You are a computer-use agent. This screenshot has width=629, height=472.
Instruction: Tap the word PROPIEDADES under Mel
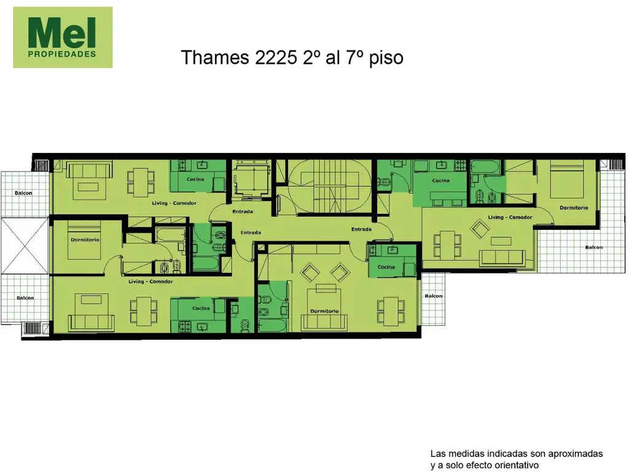pos(63,54)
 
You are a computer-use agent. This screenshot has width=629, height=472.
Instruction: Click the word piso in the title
pos(386,58)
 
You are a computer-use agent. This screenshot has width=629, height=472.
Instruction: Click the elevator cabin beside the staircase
pos(251,179)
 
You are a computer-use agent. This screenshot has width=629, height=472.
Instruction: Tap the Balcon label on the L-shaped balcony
pos(593,248)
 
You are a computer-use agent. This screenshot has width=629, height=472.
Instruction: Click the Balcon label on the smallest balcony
pos(433,296)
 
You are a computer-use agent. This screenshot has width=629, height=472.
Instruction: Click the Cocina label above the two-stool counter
pos(440,181)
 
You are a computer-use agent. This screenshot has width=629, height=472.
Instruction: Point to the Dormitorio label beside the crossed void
pos(85,240)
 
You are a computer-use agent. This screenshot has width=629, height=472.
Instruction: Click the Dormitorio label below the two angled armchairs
pos(324,311)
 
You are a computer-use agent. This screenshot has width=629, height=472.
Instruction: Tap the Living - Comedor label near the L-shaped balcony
pos(509,218)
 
